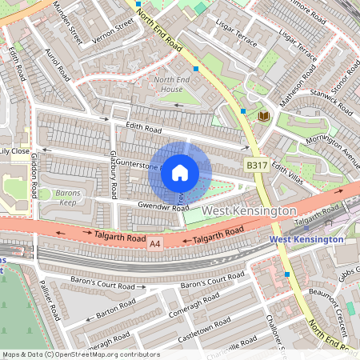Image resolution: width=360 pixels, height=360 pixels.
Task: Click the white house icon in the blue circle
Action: click(x=180, y=172)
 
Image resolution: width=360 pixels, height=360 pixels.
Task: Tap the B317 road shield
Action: click(x=255, y=163)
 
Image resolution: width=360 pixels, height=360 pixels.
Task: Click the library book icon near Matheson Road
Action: click(x=263, y=117)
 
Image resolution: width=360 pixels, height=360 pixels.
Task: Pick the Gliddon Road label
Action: click(x=34, y=177)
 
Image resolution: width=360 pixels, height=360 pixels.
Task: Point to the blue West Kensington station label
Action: click(x=306, y=239)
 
